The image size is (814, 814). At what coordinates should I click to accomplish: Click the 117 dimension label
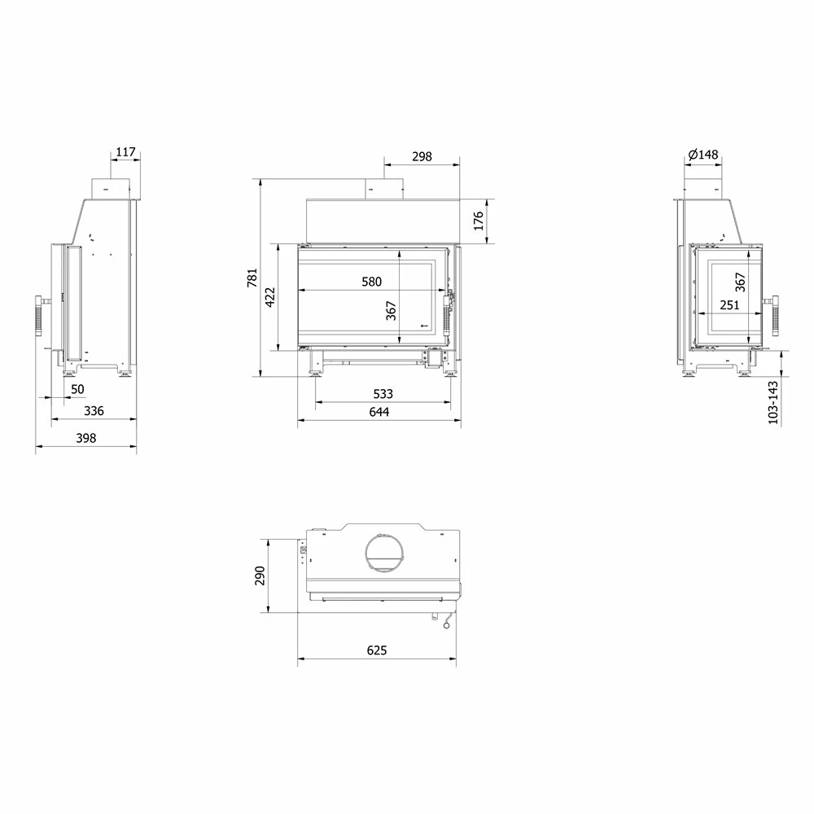click(x=125, y=152)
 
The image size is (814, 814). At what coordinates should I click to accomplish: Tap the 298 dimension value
click(x=422, y=156)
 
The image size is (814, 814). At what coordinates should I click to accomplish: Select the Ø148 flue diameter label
click(x=703, y=154)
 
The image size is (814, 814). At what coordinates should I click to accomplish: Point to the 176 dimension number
click(x=479, y=221)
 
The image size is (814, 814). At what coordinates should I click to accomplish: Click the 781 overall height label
click(x=252, y=278)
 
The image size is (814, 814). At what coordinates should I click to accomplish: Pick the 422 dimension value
click(x=270, y=297)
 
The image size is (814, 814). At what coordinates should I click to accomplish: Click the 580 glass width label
click(x=372, y=282)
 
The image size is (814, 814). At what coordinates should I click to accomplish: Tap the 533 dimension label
click(x=383, y=394)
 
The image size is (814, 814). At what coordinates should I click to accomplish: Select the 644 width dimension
click(x=379, y=412)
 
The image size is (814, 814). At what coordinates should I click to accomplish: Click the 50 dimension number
click(x=77, y=389)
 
